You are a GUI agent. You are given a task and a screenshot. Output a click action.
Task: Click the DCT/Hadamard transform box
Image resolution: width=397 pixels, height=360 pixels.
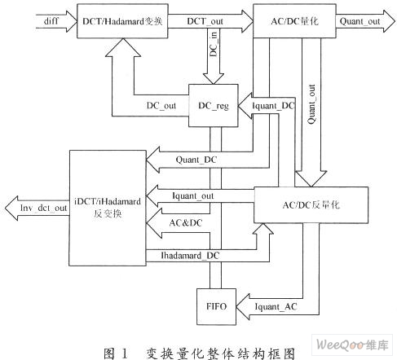[122, 21]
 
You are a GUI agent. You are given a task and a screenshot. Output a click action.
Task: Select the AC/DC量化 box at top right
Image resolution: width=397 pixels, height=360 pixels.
[294, 21]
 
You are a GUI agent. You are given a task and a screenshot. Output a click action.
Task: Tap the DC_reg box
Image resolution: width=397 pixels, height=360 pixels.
[214, 105]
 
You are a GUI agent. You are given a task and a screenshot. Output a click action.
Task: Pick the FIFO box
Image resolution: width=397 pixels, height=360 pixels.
[216, 306]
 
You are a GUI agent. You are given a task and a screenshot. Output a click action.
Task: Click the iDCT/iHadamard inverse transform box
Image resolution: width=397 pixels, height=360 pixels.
[108, 208]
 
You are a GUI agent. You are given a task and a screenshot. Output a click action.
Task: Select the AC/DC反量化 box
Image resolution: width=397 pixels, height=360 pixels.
[311, 205]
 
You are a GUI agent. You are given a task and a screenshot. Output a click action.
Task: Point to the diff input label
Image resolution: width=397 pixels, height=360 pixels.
[51, 21]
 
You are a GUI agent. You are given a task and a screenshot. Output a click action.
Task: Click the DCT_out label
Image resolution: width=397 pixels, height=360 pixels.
[205, 21]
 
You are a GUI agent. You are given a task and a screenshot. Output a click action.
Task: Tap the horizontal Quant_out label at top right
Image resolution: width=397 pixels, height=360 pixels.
[360, 21]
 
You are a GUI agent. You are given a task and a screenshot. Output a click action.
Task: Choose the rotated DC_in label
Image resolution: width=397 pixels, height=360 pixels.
[214, 44]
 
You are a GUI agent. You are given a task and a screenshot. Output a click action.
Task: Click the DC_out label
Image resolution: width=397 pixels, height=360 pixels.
[161, 105]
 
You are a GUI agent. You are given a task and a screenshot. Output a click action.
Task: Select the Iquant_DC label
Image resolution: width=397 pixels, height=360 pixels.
[273, 106]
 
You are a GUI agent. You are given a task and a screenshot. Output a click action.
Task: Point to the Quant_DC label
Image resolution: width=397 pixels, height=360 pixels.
[196, 160]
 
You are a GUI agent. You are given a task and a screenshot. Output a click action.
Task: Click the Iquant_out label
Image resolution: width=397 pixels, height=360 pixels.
[192, 195]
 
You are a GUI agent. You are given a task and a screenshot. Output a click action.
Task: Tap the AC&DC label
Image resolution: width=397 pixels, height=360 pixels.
[186, 223]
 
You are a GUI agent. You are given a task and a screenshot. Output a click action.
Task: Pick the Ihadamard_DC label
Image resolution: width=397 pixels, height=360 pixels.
[190, 256]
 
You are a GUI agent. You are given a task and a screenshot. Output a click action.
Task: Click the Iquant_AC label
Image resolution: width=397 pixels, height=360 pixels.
[276, 307]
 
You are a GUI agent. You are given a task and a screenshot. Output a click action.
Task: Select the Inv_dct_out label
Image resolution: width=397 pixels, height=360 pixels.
[43, 208]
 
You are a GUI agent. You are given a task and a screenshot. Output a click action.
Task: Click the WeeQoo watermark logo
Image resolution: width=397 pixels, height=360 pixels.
[352, 345]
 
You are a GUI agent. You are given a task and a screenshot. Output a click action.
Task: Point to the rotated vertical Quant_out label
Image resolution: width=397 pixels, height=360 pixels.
[311, 104]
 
